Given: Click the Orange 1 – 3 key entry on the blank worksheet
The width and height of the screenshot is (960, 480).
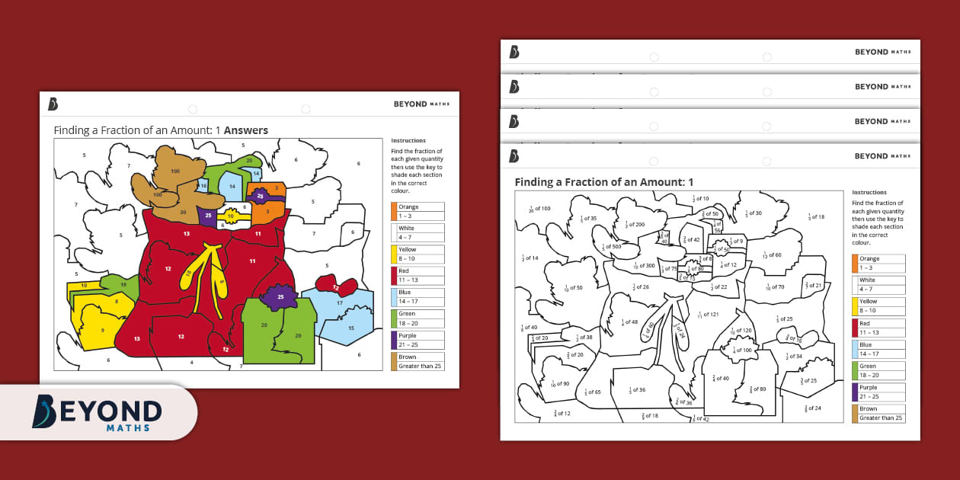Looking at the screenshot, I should [x=878, y=264].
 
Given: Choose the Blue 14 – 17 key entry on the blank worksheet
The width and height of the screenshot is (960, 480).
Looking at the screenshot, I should [x=878, y=349].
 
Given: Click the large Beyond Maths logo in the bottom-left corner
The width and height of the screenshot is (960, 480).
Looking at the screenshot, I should [x=98, y=411].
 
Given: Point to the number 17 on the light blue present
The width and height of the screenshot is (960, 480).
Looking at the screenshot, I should [x=340, y=303].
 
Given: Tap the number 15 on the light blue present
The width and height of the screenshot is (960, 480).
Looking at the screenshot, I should [x=350, y=328].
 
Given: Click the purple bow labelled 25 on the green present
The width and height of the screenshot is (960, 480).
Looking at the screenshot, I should [x=280, y=296].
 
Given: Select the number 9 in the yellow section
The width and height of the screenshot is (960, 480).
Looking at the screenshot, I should [x=102, y=330].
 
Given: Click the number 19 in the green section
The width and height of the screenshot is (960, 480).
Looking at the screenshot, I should [x=123, y=284].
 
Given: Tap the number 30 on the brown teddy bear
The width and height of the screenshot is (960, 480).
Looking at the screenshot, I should [x=183, y=213].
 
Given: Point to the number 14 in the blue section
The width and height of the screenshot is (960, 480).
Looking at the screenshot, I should [x=232, y=186].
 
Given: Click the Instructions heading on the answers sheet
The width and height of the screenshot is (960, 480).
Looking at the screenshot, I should [x=408, y=141].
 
